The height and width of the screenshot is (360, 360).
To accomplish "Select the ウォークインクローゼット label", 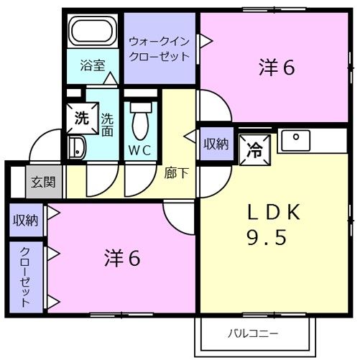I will pos(160,49).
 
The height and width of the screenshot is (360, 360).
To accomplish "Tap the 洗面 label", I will pos(106,125).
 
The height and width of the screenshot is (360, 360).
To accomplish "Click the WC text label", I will pos(140,150).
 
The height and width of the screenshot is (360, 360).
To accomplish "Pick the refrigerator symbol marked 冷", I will pos(254,149).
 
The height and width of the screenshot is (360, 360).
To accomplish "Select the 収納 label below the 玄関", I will pos(25,220).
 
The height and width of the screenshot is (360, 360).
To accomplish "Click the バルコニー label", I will pos(254,333).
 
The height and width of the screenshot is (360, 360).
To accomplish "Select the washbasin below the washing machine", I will pos(76,149).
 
